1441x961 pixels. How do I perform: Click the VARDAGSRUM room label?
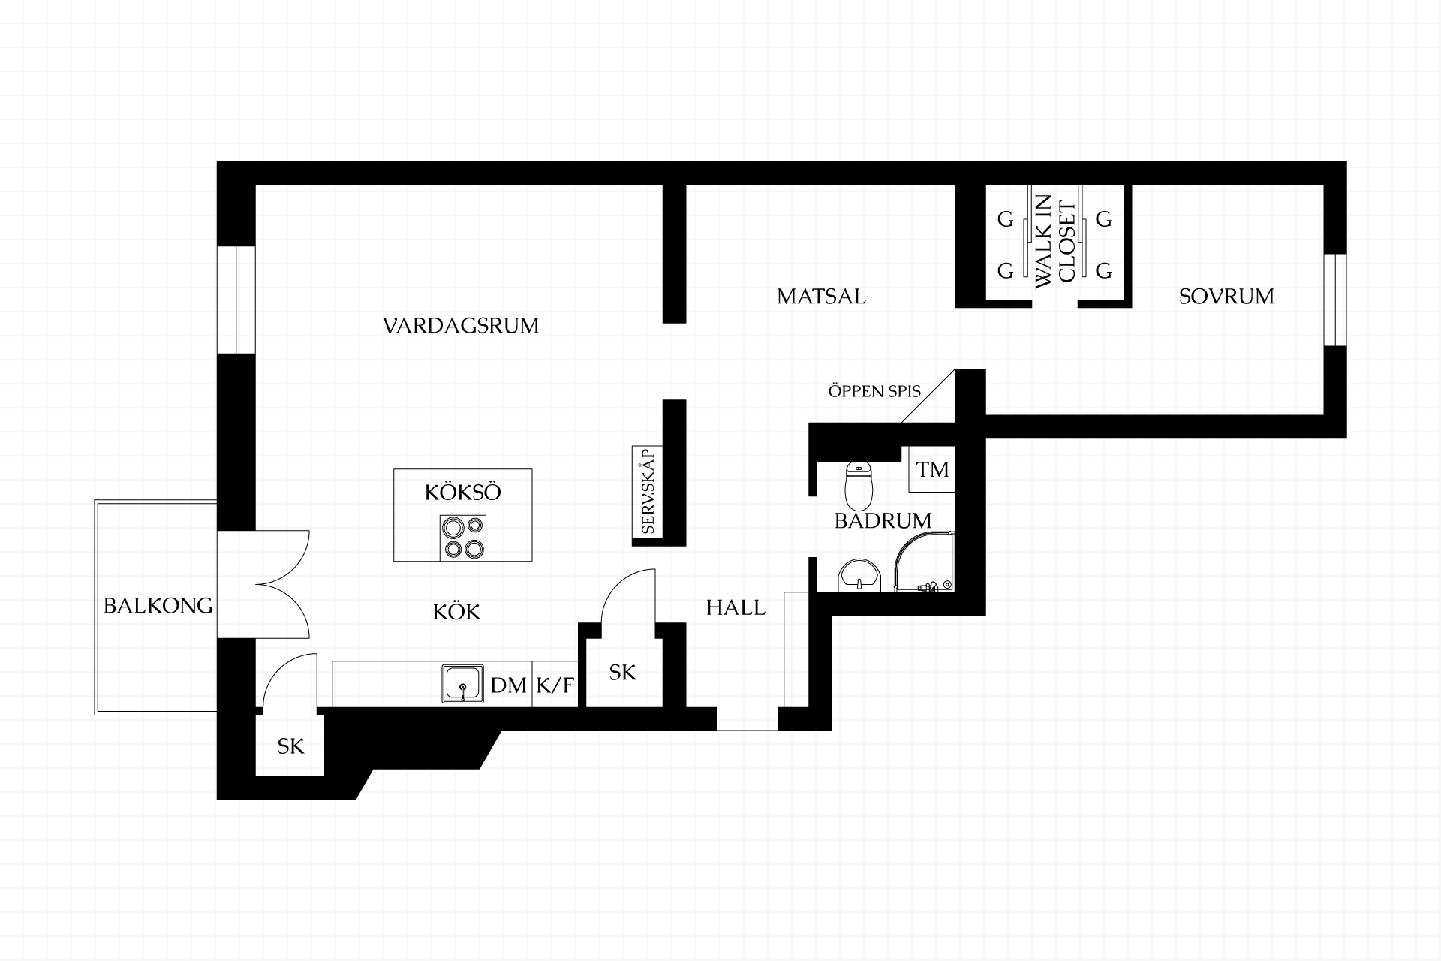(461, 326)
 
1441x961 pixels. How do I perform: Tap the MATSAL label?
(821, 297)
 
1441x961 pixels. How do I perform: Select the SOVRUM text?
(1226, 297)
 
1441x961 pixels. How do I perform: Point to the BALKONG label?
(158, 606)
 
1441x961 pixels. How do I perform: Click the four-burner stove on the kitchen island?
(462, 538)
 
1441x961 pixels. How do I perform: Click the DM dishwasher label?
(509, 685)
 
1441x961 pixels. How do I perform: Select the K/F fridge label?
(555, 685)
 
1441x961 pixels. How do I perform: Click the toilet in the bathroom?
(859, 486)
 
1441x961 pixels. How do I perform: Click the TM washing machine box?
(931, 469)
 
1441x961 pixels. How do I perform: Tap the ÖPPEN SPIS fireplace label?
(874, 391)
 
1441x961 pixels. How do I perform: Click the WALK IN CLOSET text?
(1054, 244)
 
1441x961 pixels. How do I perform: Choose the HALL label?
(736, 607)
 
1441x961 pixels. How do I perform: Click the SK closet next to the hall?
(623, 673)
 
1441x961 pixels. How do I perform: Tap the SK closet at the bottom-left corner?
(291, 746)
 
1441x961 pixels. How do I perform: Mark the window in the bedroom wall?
(1335, 300)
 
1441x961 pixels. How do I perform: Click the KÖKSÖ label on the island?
(462, 493)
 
